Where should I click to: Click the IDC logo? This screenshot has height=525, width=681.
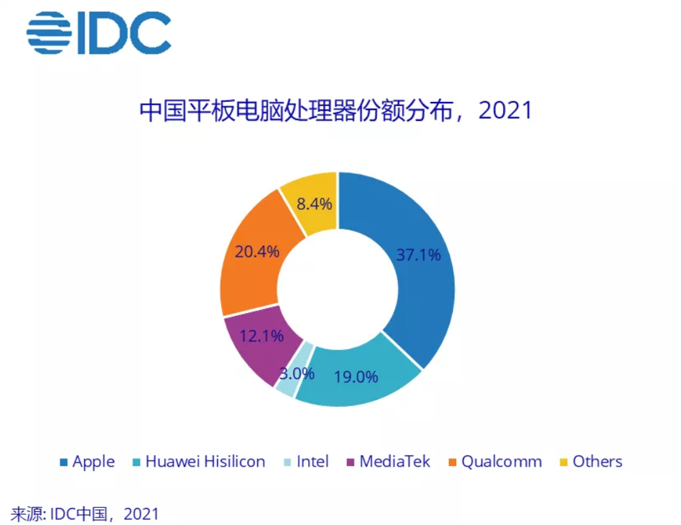tap(99, 33)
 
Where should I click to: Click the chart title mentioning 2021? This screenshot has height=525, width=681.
tap(335, 110)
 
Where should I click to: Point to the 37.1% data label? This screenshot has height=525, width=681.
tap(418, 255)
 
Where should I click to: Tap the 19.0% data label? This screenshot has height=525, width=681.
tap(356, 376)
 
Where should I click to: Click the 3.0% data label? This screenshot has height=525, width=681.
tap(296, 373)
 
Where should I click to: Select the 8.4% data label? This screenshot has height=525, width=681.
tap(310, 203)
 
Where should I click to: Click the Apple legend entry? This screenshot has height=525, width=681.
tap(88, 462)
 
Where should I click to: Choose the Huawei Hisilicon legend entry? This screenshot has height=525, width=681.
tap(198, 462)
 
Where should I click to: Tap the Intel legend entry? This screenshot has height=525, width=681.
tap(305, 462)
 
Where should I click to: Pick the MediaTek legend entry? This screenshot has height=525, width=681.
tap(388, 462)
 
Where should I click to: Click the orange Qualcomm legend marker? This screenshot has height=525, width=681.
tap(452, 462)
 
